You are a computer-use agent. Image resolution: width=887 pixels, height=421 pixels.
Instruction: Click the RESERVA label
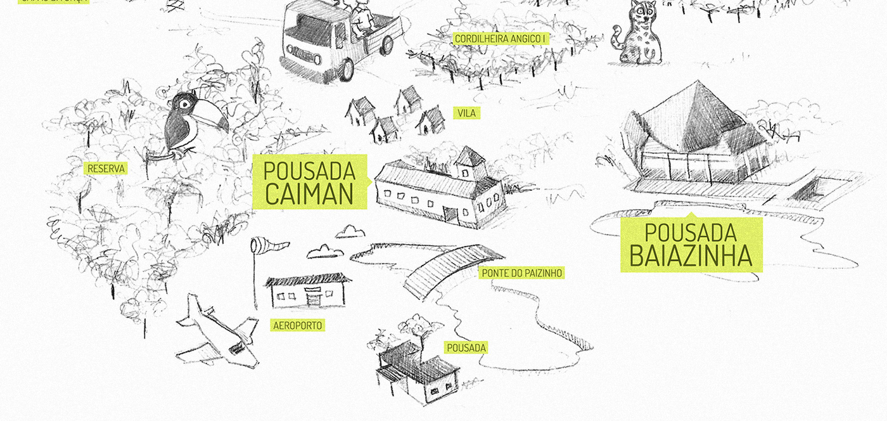106,169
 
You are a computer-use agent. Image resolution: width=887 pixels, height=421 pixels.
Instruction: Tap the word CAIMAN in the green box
309,193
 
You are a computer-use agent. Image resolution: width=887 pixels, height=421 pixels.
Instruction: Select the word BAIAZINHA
691,256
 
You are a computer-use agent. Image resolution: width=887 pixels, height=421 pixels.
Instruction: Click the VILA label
466,113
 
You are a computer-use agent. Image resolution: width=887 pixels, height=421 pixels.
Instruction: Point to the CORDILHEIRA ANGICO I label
501,39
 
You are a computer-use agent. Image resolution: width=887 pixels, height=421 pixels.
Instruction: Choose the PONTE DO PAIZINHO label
521,273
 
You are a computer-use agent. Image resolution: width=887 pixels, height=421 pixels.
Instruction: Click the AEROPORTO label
297,326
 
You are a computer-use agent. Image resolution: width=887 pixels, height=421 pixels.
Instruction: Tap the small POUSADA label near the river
466,347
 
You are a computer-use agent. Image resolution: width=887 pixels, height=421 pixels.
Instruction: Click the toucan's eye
184,103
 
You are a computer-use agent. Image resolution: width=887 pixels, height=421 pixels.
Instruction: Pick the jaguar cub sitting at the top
639,35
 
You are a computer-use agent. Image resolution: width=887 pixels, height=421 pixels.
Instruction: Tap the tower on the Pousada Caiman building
469,164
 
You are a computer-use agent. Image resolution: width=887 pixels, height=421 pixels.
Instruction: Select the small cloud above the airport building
325,252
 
